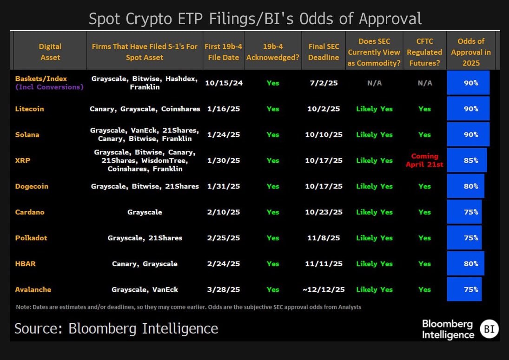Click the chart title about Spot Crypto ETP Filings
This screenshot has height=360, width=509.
[x=255, y=19]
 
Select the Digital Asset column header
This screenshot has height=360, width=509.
[x=50, y=52]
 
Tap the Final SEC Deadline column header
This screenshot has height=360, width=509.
[x=324, y=52]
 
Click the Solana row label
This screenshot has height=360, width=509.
[x=27, y=135]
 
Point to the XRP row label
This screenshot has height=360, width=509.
[x=22, y=160]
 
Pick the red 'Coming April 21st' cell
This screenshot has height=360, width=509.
[x=424, y=160]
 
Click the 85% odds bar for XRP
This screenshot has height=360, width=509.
[x=467, y=160]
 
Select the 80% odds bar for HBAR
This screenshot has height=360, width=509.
[x=465, y=263]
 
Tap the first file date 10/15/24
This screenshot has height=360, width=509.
[x=224, y=83]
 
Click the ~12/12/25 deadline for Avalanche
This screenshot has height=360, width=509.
[x=324, y=289]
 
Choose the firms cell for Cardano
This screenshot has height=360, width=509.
[x=145, y=212]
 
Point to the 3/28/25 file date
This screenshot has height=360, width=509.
[x=224, y=289]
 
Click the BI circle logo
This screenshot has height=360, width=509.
[x=489, y=329]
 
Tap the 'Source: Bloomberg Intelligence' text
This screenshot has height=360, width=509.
[x=116, y=328]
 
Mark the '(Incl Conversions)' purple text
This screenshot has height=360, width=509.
[x=49, y=87]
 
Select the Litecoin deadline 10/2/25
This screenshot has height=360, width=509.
[x=324, y=109]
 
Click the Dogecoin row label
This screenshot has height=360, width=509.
[x=32, y=186]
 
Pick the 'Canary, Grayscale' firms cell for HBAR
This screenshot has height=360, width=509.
[x=145, y=263]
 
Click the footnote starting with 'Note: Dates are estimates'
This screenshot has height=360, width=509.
[x=188, y=307]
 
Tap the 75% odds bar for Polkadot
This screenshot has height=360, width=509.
[x=464, y=238]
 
